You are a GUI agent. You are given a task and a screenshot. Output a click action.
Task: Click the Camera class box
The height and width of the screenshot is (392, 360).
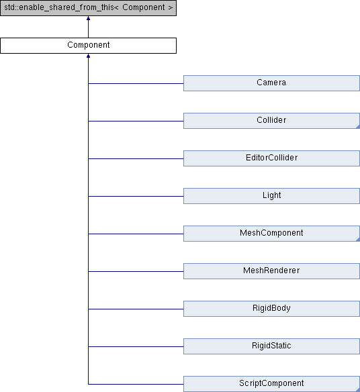click(x=272, y=83)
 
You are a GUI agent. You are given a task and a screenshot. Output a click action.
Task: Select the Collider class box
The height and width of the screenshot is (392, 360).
click(x=272, y=121)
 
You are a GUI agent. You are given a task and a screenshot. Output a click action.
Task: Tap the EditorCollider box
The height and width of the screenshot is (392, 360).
click(x=272, y=158)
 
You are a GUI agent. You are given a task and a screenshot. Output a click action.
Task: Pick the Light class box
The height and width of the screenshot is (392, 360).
click(x=272, y=196)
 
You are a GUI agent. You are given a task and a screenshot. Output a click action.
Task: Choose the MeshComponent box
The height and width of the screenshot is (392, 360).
click(x=272, y=234)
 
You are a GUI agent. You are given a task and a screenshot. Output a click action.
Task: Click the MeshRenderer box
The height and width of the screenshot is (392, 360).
click(x=272, y=271)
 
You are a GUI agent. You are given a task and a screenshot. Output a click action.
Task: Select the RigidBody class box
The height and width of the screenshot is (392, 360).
click(x=272, y=309)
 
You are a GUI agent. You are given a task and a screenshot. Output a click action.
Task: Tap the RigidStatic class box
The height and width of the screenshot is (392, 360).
click(x=272, y=346)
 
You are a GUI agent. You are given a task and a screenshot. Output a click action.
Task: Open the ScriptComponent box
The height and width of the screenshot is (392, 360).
click(x=272, y=384)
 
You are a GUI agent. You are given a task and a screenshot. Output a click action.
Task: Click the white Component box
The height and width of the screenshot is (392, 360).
click(x=88, y=46)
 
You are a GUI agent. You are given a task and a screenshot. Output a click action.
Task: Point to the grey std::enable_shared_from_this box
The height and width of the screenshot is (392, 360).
click(x=88, y=8)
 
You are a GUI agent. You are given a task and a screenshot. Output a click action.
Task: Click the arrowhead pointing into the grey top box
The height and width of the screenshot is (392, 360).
click(x=88, y=18)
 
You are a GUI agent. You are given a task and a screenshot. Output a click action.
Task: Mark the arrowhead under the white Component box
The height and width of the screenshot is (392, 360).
click(x=88, y=56)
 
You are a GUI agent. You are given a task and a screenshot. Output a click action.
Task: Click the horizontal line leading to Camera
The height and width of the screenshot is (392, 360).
click(x=136, y=83)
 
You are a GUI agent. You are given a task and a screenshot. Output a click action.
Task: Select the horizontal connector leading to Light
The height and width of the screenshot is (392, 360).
click(x=136, y=196)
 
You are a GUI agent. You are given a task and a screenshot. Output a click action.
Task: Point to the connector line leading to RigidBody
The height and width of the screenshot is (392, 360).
click(x=136, y=309)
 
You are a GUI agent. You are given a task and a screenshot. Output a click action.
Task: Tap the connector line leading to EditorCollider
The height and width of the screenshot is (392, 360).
click(x=136, y=158)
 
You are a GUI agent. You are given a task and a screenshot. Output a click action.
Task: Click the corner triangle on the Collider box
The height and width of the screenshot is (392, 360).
click(x=358, y=127)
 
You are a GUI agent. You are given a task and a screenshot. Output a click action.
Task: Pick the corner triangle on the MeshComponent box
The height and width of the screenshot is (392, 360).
click(x=358, y=240)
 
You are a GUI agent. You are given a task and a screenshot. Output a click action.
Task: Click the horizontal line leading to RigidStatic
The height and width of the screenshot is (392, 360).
click(x=136, y=346)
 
